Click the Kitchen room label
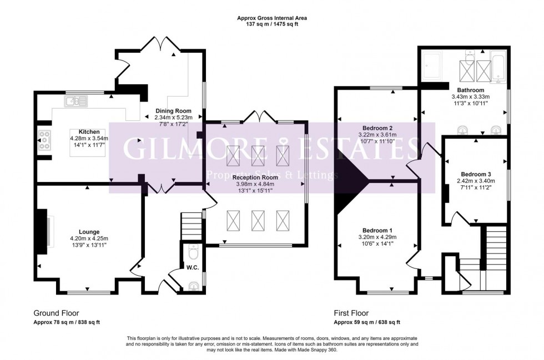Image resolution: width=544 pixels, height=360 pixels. (89, 131)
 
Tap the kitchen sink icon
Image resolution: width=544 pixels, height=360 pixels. (73, 101)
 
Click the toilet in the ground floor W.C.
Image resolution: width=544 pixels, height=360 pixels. (193, 253)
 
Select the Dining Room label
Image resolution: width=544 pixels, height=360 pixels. (167, 110)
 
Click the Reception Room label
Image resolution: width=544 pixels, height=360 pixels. (256, 178)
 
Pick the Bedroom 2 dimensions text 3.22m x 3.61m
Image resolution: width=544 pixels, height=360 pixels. (377, 134)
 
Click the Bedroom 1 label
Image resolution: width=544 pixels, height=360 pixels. (377, 230)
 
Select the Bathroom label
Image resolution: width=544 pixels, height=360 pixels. (471, 90)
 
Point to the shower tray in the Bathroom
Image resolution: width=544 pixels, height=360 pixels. (432, 65)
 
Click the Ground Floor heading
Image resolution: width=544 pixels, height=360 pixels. (55, 313)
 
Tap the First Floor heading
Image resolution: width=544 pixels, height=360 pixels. (351, 313)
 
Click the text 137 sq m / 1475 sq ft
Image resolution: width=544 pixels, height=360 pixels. (272, 24)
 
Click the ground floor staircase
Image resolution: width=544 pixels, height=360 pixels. (190, 225)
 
